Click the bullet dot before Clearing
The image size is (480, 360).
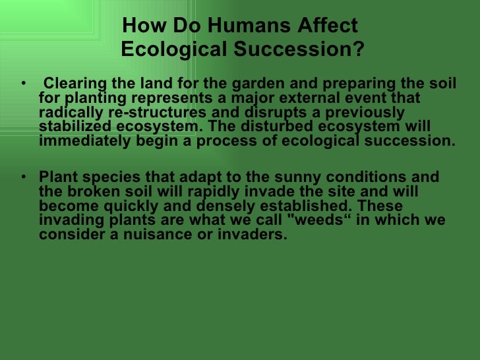pos(24,84)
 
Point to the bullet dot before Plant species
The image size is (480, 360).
pos(24,177)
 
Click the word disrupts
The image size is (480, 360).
pos(251,112)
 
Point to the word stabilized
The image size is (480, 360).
pos(72,127)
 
